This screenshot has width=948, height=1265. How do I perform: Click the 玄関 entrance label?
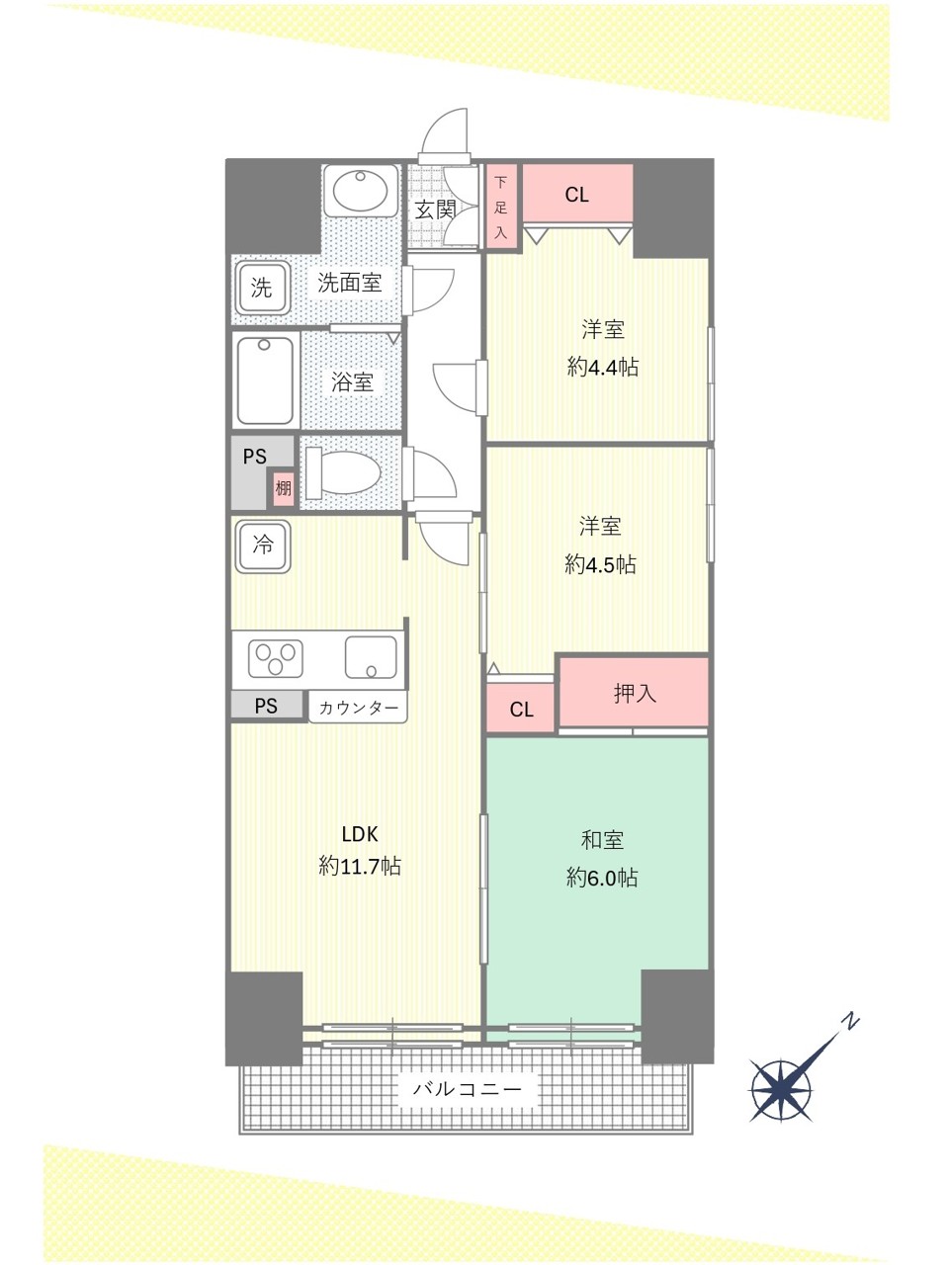435,210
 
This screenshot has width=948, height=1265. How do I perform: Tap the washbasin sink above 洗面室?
360,191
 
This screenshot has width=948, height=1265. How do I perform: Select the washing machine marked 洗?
262,288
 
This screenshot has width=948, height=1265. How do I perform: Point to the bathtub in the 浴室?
265,380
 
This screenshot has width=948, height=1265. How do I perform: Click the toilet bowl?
343,472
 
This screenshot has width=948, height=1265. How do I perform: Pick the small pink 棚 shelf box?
283,489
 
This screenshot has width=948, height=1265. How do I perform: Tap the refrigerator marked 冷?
263,547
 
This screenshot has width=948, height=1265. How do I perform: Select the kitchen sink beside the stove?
371,658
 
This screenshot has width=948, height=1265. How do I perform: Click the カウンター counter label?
358,708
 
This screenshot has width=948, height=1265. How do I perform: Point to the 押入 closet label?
635,693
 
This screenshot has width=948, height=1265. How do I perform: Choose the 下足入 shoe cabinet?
501,207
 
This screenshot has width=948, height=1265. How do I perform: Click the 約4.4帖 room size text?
603,367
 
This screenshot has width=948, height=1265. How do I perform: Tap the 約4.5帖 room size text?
600,564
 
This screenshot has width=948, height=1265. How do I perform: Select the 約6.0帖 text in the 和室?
602,878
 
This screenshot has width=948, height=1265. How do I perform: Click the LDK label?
360,834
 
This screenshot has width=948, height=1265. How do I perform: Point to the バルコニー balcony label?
468,1089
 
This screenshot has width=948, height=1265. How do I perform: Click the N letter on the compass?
850,1022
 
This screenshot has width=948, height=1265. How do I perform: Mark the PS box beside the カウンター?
267,706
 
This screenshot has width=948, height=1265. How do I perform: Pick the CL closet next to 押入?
521,709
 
